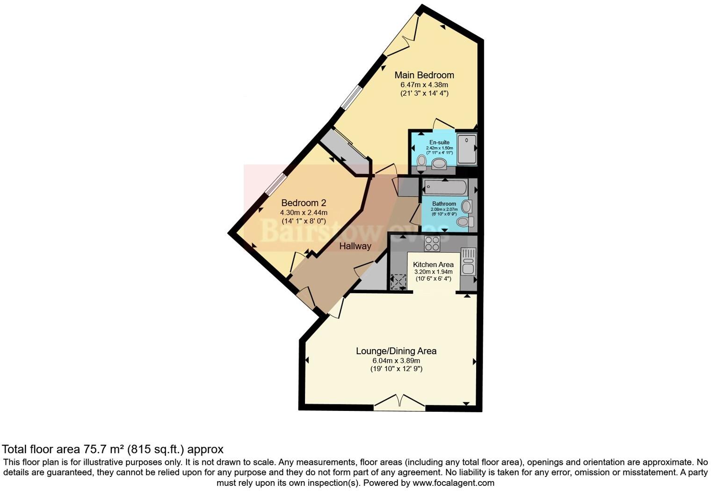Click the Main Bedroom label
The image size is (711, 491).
coord(424,75)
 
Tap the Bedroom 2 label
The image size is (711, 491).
coord(304,203)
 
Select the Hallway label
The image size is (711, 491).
coord(355,246)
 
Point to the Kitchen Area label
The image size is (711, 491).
coord(433,264)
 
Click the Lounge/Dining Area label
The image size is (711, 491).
coord(396,351)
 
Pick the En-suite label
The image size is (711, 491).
coord(439,142)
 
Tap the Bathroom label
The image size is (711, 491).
coord(444,204)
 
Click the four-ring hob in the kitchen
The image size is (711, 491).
coord(432,244)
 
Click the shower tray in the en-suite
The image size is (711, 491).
coord(466,149)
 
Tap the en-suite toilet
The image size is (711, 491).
coord(421,163)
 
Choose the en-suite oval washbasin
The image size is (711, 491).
coord(439,164)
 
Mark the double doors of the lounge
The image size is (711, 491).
coord(399,402)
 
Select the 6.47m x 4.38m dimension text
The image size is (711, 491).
coord(424,85)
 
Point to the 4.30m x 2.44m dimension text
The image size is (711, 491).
coord(304,212)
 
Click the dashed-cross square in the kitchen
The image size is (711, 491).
coord(399,282)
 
